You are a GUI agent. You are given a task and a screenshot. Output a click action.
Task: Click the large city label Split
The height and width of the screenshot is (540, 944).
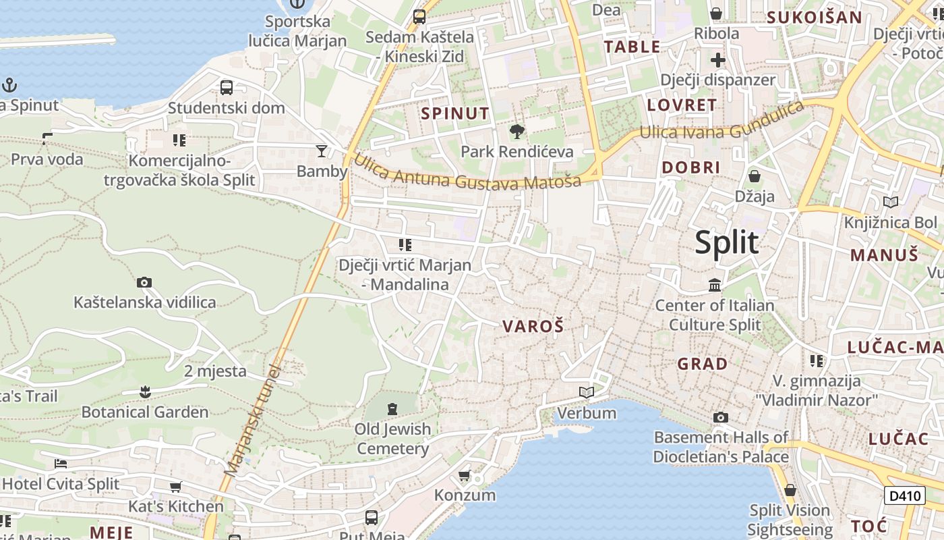pos(726,242)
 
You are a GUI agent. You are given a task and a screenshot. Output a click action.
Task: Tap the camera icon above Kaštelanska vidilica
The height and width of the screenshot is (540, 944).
pos(144,282)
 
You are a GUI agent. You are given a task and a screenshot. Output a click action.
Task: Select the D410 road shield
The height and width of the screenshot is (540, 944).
pos(904,495)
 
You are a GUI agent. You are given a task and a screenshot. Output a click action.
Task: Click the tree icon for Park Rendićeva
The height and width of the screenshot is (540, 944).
pos(517,131)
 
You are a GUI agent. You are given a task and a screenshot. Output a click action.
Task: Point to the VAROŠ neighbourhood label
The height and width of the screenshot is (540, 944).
pos(533,327)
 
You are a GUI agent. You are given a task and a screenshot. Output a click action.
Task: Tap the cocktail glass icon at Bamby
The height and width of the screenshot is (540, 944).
pos(322,151)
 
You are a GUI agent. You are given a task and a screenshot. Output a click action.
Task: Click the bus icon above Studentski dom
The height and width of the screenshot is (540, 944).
pos(227,87)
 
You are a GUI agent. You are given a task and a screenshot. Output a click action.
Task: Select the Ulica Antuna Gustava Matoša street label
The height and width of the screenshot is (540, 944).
pos(467,173)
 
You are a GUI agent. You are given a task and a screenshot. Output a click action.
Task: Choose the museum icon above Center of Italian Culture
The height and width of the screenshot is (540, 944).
pos(715,286)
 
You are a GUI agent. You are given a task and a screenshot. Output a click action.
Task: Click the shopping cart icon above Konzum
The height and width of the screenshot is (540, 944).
pos(465,476)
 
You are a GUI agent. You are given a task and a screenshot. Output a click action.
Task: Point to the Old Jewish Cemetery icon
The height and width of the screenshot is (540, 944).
pos(392,408)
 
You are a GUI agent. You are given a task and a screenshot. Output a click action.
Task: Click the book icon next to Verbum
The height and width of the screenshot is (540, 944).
pos(587,392)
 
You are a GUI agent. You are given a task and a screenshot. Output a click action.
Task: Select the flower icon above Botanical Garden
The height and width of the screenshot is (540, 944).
pos(144,391)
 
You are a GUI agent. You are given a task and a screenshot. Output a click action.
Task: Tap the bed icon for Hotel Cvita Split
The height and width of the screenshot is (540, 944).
pos(61,464)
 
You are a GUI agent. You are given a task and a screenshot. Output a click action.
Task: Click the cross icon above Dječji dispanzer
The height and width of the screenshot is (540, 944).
pos(718,60)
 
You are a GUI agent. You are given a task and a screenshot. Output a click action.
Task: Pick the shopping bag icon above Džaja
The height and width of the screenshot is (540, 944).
pos(755,176)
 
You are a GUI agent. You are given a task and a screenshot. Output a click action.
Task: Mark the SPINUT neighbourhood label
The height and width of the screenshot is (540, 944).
pos(455,113)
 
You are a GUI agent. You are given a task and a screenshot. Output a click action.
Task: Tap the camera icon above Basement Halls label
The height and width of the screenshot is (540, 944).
pos(721,417)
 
